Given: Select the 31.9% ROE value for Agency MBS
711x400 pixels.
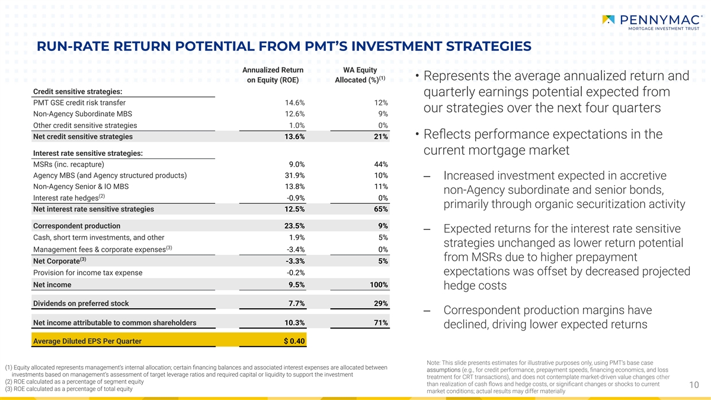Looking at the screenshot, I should click(295, 175).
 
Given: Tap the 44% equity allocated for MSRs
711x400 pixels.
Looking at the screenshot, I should click(381, 164).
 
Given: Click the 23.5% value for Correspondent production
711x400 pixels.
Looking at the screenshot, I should click(295, 226).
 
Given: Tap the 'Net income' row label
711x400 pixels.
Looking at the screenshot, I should click(52, 285).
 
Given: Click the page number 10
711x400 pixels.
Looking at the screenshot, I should click(696, 386).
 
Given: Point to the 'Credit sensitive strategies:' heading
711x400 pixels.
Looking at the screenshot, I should click(78, 91).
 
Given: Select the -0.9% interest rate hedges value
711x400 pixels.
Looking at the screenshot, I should click(295, 198).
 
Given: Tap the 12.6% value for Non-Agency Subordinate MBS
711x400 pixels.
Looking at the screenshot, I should click(295, 114).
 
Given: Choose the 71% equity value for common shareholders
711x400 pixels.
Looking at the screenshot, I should click(381, 323).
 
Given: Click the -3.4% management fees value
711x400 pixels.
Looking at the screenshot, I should click(295, 249).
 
